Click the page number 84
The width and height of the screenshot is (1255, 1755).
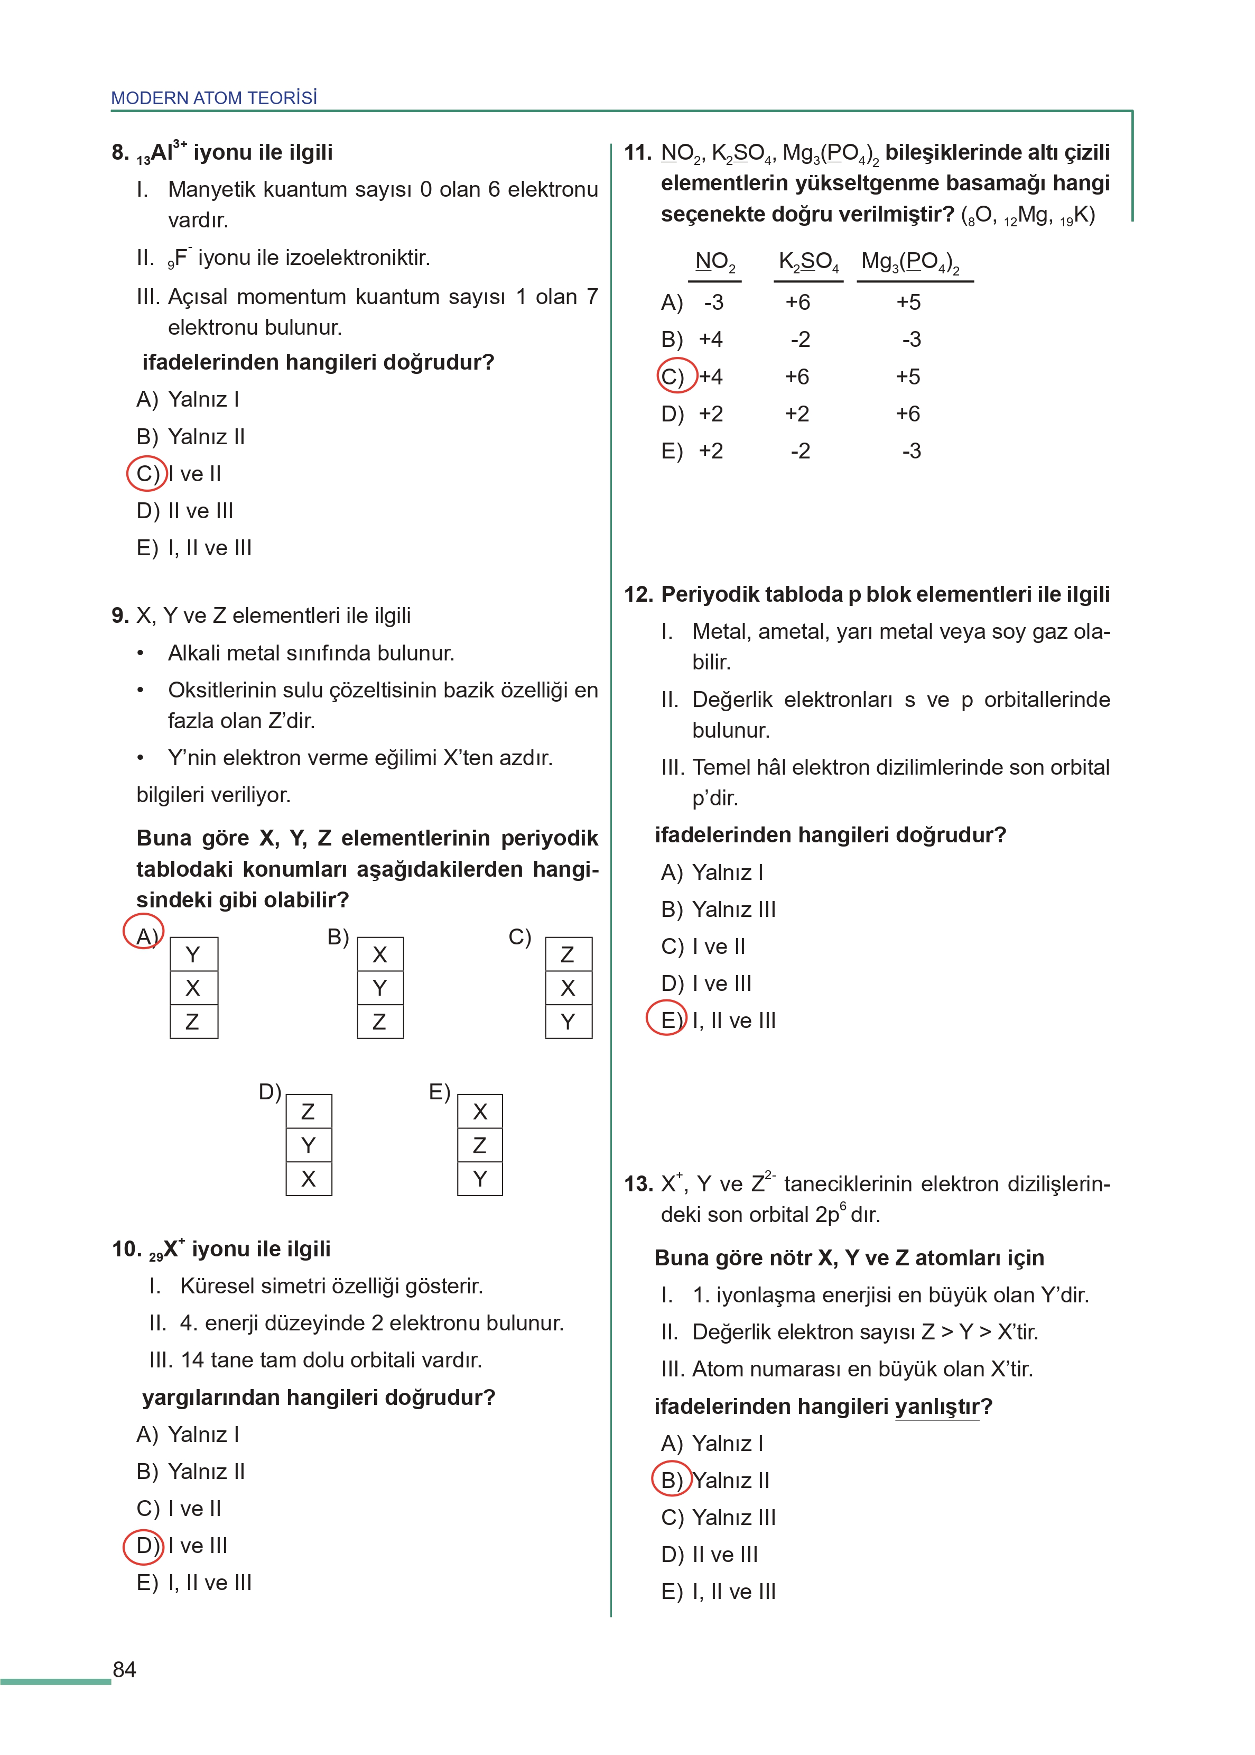(x=124, y=1669)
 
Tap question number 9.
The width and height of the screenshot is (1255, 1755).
(x=120, y=615)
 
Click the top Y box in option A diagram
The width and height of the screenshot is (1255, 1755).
(x=193, y=955)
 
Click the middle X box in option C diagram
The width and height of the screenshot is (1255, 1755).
(x=568, y=988)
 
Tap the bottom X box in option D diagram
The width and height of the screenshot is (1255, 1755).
(x=309, y=1179)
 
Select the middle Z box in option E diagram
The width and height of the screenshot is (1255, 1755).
(x=480, y=1145)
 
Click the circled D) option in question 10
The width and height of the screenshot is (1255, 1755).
(x=144, y=1546)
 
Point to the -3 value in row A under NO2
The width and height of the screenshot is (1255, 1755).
(x=713, y=302)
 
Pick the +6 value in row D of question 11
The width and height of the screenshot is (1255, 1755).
(x=908, y=414)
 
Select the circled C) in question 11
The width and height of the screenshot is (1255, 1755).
(x=676, y=376)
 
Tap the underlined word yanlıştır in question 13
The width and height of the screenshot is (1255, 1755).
(x=936, y=1407)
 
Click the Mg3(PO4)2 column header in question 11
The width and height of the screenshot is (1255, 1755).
(x=910, y=262)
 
